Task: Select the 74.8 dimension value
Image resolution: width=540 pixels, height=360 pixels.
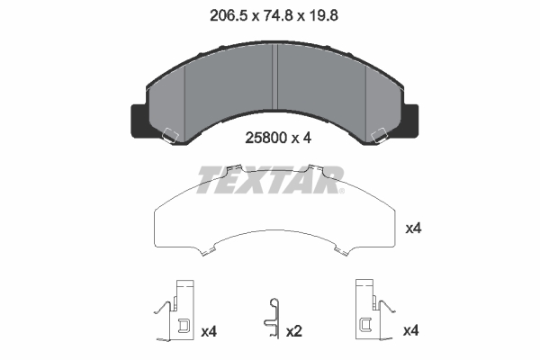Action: pyautogui.click(x=272, y=15)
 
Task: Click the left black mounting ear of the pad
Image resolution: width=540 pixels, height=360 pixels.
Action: pyautogui.click(x=137, y=118)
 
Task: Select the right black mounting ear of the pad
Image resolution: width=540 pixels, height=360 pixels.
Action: pyautogui.click(x=408, y=118)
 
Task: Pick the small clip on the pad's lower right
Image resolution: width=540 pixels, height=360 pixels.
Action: pyautogui.click(x=379, y=138)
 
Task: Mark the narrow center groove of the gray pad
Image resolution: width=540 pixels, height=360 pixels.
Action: pyautogui.click(x=275, y=76)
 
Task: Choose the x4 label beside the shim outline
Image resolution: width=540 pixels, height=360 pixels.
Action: pyautogui.click(x=413, y=229)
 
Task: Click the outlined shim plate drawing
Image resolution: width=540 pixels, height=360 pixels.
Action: pyautogui.click(x=274, y=220)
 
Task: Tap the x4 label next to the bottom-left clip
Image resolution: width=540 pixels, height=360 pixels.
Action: pyautogui.click(x=209, y=332)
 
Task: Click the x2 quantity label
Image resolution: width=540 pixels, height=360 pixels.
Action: pyautogui.click(x=293, y=332)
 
